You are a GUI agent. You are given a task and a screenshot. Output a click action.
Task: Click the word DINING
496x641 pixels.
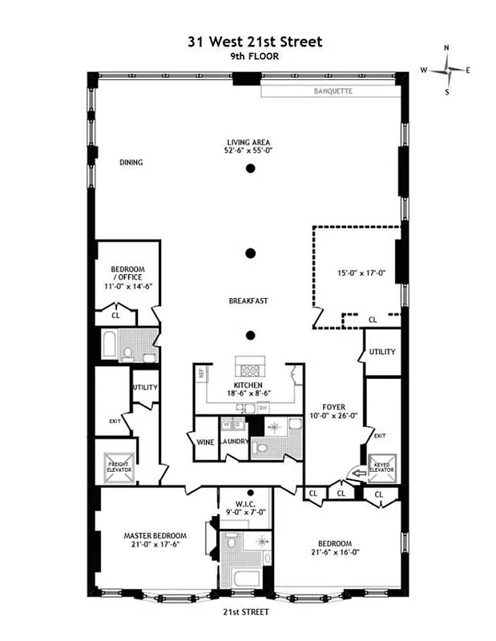click(131, 163)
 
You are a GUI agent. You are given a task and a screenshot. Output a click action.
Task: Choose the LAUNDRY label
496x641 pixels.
click(234, 441)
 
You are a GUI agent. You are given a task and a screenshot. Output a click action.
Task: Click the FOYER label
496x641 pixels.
click(333, 406)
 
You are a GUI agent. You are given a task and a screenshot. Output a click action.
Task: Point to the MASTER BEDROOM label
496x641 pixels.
click(155, 535)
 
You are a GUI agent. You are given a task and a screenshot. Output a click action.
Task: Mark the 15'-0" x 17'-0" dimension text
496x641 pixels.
click(361, 272)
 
